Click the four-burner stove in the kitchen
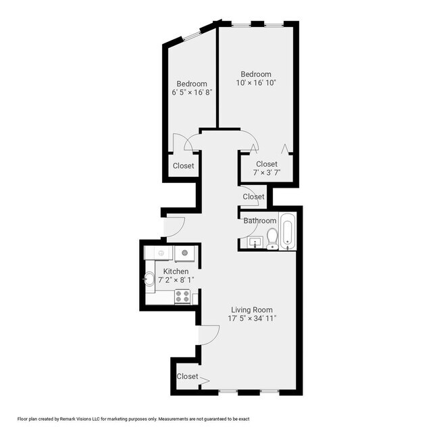coord(182,296)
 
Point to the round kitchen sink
coord(149,278)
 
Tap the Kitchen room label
coord(176,272)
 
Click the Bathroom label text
coord(260,221)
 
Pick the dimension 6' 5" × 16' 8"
coord(192,93)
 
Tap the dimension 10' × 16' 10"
coord(256,83)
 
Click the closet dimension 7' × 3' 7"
coord(266,173)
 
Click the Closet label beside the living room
coord(187,376)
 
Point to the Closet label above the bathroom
coord(253,197)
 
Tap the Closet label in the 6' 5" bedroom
coord(183,165)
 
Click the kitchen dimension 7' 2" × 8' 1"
coord(176,280)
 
